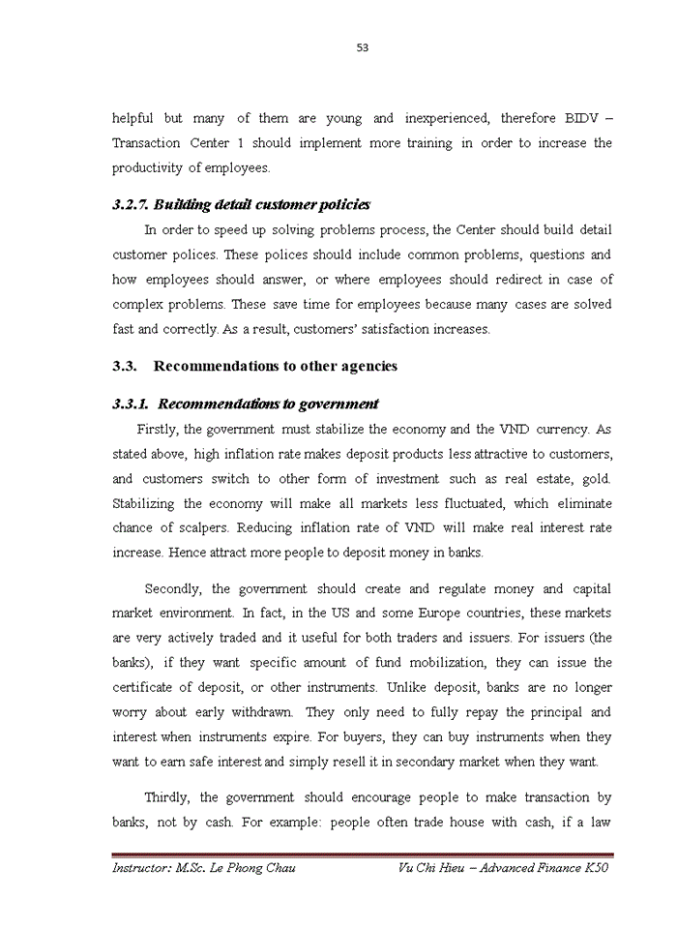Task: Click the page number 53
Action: click(363, 47)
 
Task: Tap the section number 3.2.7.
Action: click(131, 205)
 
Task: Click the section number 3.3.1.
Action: click(131, 405)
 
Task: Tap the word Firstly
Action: click(158, 429)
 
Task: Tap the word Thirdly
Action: click(166, 797)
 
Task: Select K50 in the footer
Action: click(598, 868)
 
